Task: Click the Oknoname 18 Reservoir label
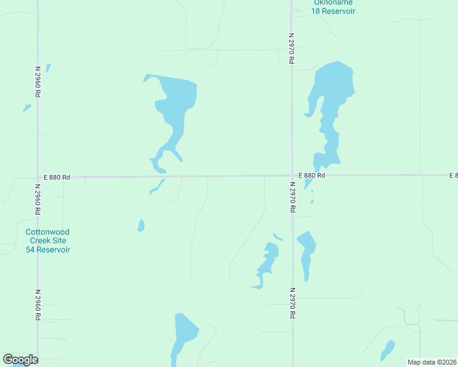point(333,7)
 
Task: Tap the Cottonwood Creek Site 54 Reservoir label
point(48,241)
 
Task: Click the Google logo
point(20,360)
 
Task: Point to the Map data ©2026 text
point(431,362)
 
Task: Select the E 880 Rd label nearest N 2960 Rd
point(57,177)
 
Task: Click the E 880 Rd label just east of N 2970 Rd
point(312,176)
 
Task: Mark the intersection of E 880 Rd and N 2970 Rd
point(292,176)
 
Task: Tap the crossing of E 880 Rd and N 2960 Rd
point(38,177)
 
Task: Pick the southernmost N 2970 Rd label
point(293,303)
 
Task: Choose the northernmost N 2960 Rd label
point(38,82)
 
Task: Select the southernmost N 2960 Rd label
point(38,305)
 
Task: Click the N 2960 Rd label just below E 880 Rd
point(38,201)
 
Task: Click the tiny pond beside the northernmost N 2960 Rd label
point(48,67)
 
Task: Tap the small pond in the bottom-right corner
point(388,350)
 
